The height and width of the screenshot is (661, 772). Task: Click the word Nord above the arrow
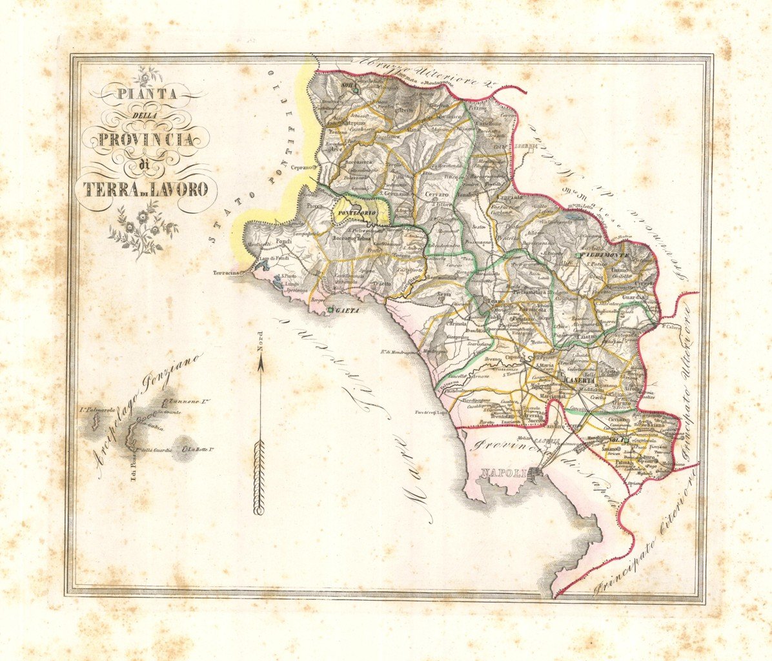tap(261, 340)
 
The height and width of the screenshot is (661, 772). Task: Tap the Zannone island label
tap(182, 402)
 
